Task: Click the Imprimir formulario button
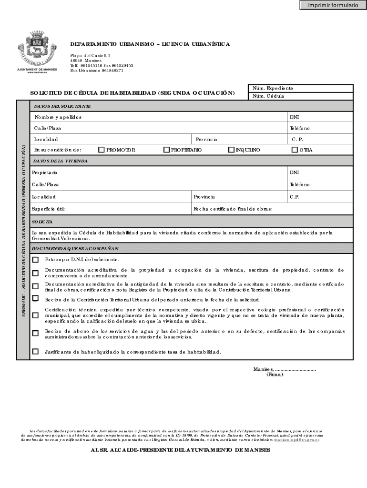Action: point(332,5)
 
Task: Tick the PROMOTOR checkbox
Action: point(101,150)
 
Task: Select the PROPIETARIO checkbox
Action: point(166,150)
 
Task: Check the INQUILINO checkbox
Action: point(231,150)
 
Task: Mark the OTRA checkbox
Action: point(294,150)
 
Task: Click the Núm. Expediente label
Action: point(272,88)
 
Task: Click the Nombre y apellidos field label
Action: point(58,117)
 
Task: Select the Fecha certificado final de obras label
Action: point(232,209)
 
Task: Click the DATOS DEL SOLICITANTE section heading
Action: point(62,106)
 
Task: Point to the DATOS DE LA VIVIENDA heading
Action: point(60,162)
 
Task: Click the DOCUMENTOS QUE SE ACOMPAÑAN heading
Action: point(75,249)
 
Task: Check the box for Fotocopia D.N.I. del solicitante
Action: point(35,260)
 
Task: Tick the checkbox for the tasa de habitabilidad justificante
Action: point(35,352)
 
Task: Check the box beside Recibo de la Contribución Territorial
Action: point(35,298)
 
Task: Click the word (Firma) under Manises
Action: point(275,375)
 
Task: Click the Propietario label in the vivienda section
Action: point(44,172)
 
